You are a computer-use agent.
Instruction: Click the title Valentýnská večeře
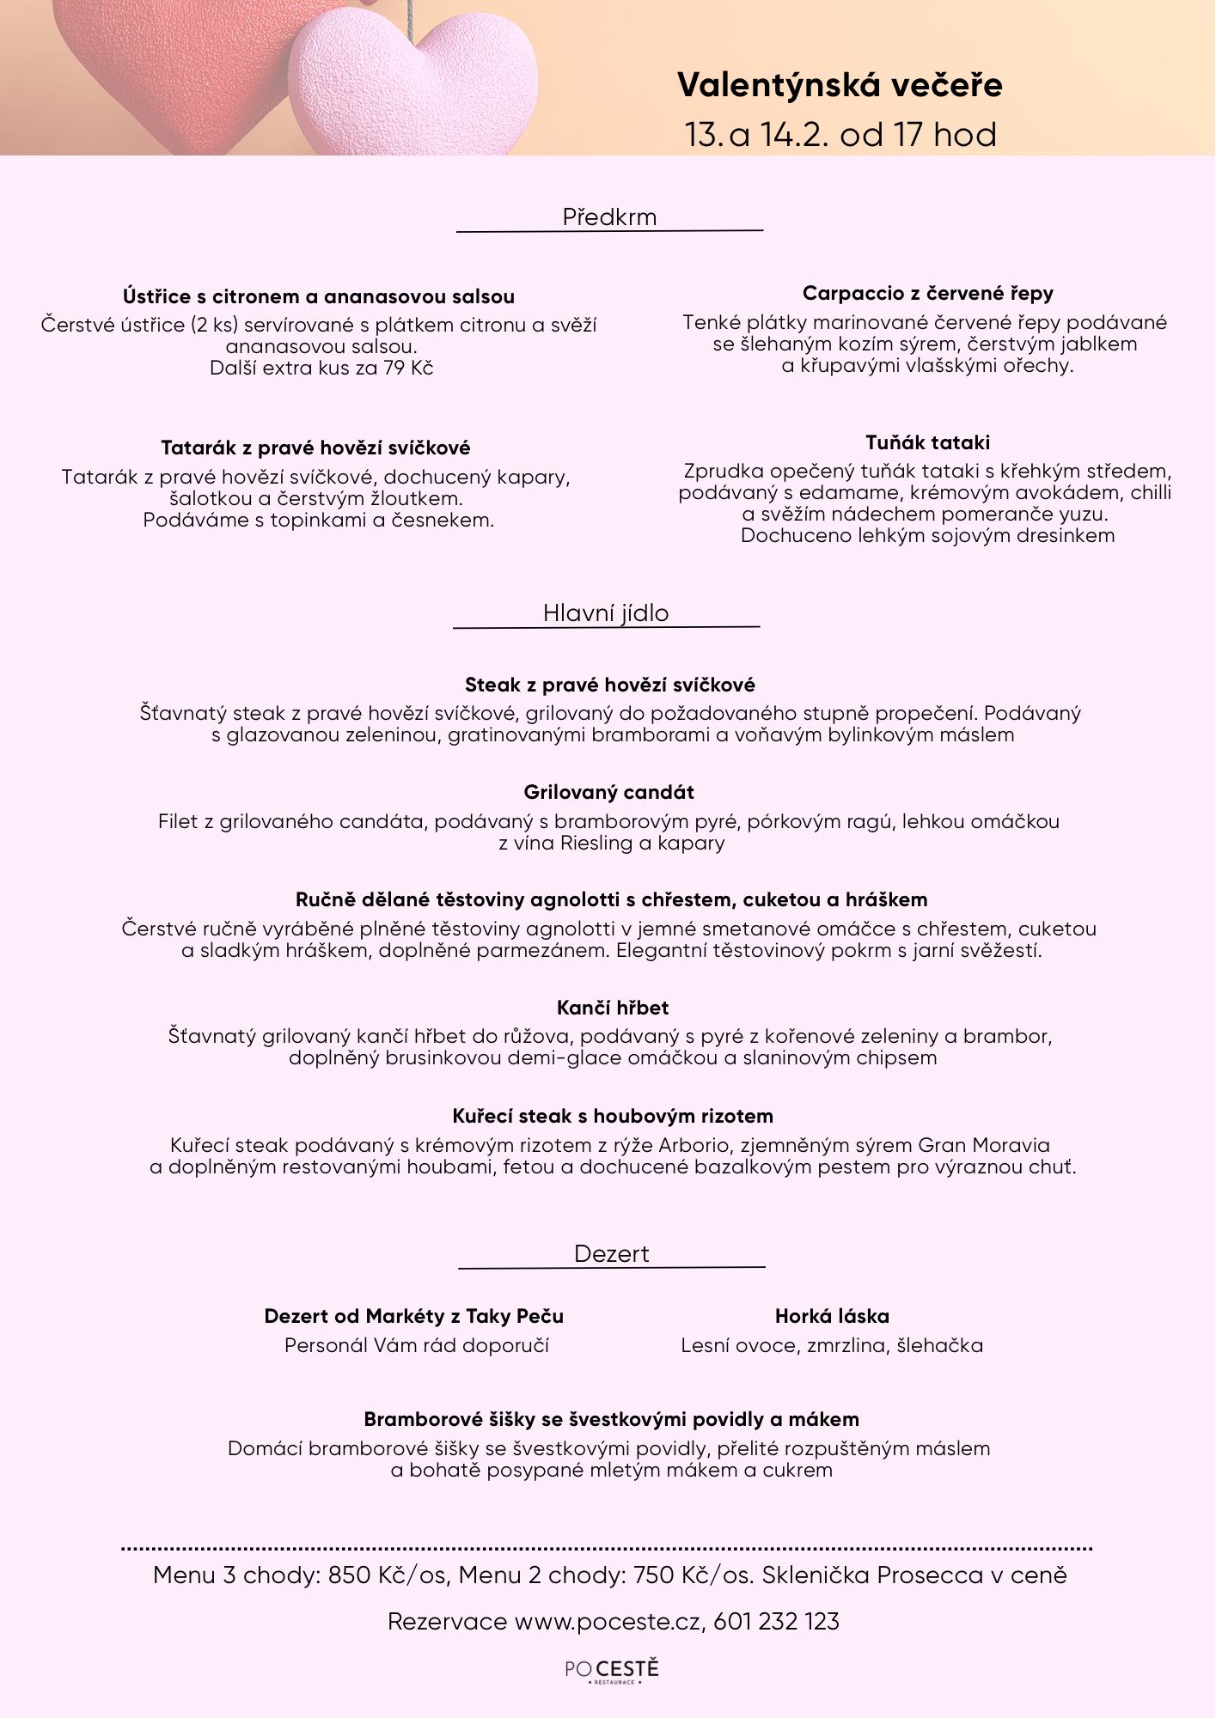coord(840,85)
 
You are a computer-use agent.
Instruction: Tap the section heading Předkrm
coord(609,217)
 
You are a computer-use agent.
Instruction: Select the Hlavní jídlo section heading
coord(606,613)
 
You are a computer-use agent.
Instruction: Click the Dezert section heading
coord(611,1254)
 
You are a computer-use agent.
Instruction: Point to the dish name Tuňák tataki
coord(927,442)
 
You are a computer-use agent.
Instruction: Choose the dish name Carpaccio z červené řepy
coord(927,294)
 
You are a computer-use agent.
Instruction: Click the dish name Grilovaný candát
coord(608,792)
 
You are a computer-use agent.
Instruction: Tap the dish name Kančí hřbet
coord(612,1008)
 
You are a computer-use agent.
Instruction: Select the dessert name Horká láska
coord(832,1316)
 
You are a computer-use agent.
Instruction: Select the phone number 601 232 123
coord(776,1622)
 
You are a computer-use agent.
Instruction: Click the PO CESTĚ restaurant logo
coord(612,1670)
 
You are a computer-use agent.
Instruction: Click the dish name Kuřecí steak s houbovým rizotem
coord(613,1116)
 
